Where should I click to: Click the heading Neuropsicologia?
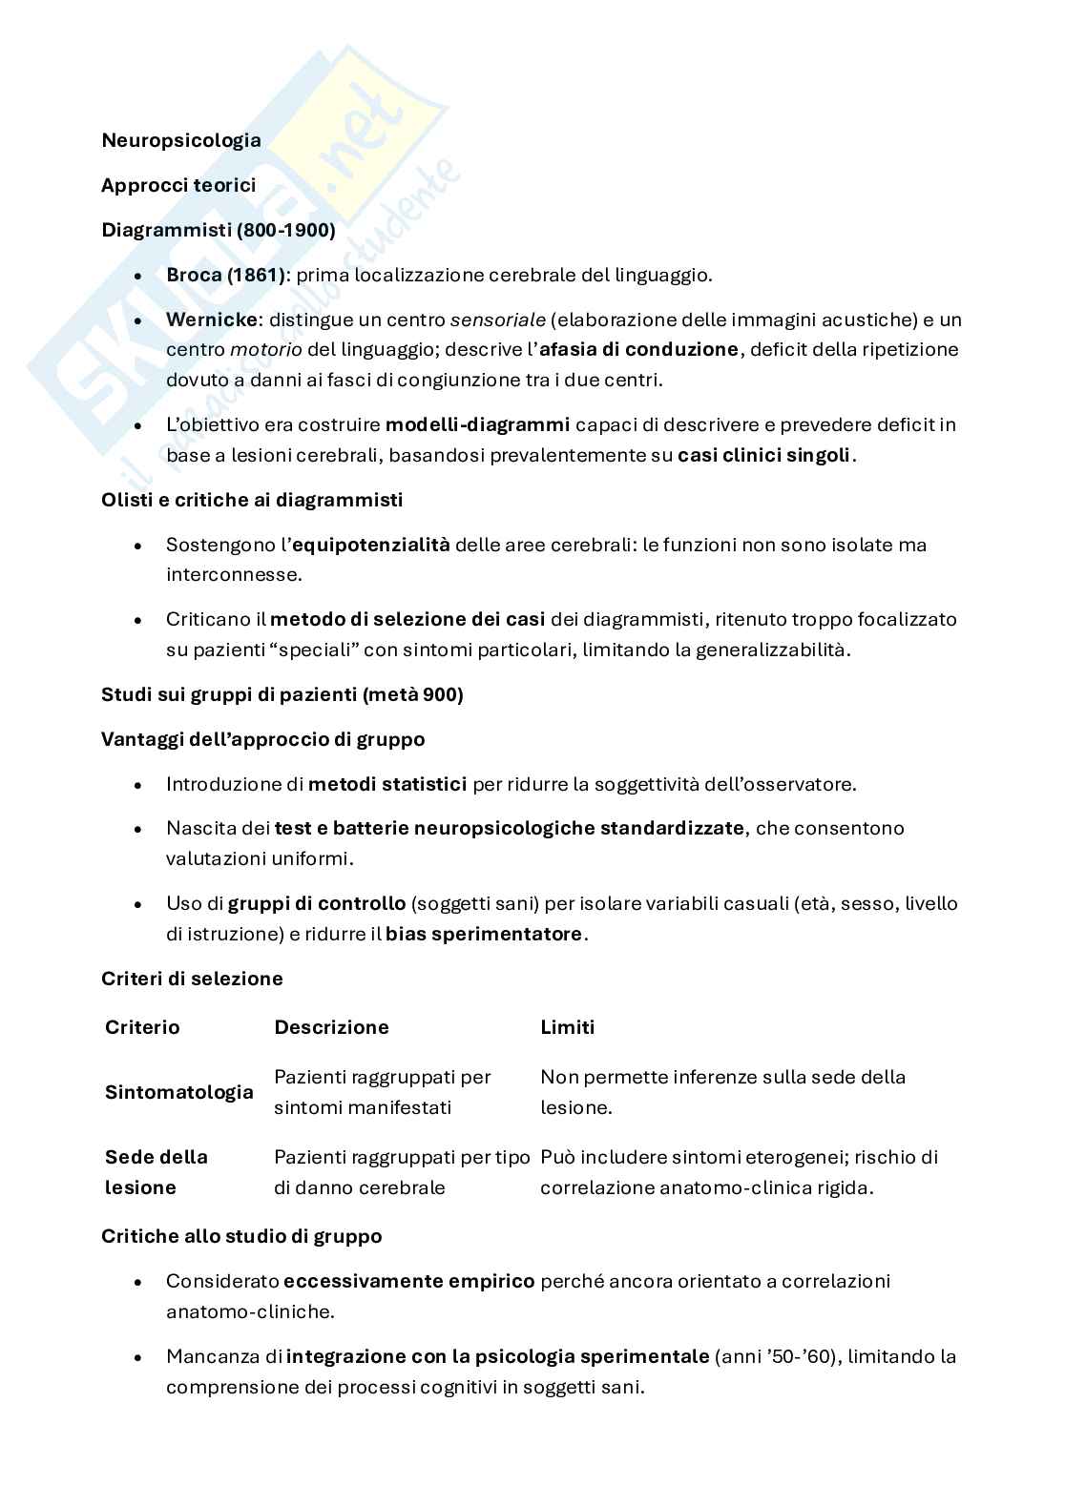pos(181,140)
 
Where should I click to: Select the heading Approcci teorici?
pos(178,185)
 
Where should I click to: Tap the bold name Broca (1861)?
pos(225,275)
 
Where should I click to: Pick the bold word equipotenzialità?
pos(370,545)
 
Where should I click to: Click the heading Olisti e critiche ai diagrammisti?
pos(252,500)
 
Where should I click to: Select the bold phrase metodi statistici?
pos(387,784)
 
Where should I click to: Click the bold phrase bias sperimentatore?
pos(484,934)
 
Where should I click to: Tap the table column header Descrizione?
pos(331,1027)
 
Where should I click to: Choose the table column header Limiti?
pos(567,1027)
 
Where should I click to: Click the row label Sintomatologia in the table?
pos(179,1092)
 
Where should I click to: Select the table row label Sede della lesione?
pos(156,1172)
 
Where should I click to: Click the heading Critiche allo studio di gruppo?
pos(241,1236)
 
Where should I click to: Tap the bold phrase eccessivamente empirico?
pos(408,1281)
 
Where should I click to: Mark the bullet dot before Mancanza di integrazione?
pos(139,1357)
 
